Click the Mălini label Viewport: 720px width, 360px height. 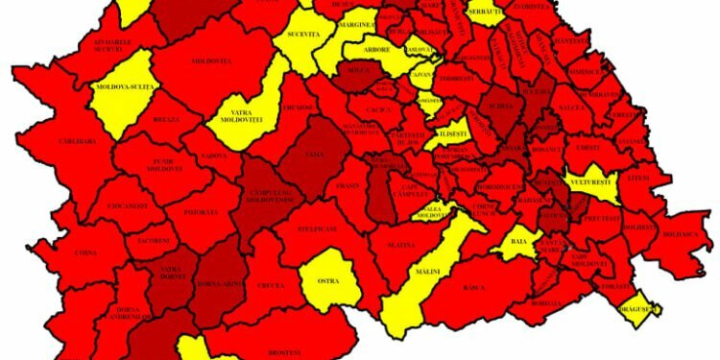[x=427, y=272]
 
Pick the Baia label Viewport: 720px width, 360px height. [x=519, y=243]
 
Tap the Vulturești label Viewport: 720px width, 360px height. [x=596, y=180]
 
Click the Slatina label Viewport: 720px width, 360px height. [x=401, y=246]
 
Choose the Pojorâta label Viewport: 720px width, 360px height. [x=204, y=211]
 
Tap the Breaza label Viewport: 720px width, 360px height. [x=166, y=120]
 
